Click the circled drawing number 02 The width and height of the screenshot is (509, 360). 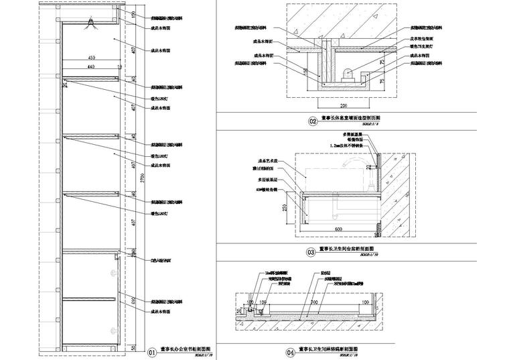coord(312,121)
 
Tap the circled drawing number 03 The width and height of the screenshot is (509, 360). coord(311,253)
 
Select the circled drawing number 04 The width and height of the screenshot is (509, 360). coord(291,352)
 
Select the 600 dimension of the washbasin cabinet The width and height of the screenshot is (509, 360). coord(339,229)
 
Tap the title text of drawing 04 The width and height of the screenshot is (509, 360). coord(328,350)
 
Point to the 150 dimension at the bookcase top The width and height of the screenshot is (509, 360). coord(133,15)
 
